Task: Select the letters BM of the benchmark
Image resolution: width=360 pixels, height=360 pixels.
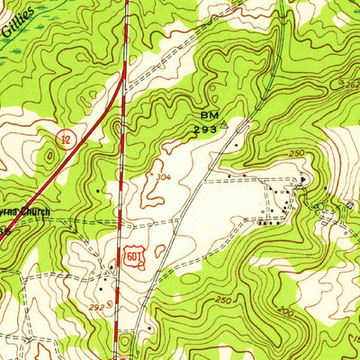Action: pos(206,115)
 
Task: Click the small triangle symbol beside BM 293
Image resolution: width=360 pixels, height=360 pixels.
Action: pos(223,127)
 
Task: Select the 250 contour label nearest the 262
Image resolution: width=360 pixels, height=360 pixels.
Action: pos(297,155)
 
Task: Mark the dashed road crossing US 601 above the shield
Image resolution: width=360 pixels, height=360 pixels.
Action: pos(121,220)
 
